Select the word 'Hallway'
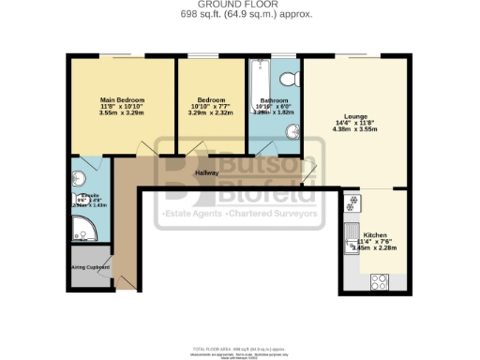point(207,173)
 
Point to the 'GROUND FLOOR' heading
point(239,6)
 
